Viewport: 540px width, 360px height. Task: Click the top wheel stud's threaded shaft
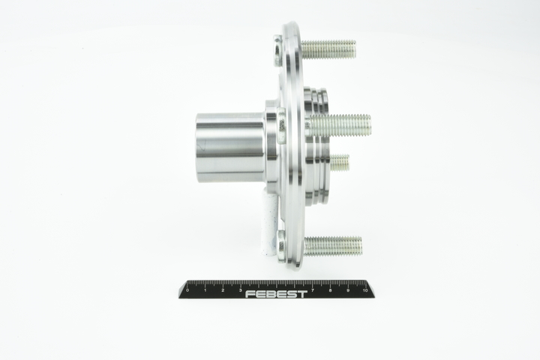(328, 49)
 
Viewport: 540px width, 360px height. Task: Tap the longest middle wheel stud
(341, 125)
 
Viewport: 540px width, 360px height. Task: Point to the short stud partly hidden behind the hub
(340, 163)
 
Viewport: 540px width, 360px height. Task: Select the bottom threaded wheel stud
(333, 246)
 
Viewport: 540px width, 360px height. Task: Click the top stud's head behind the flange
(278, 51)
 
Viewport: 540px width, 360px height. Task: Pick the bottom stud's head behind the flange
(281, 245)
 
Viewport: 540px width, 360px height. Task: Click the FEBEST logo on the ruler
(276, 294)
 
